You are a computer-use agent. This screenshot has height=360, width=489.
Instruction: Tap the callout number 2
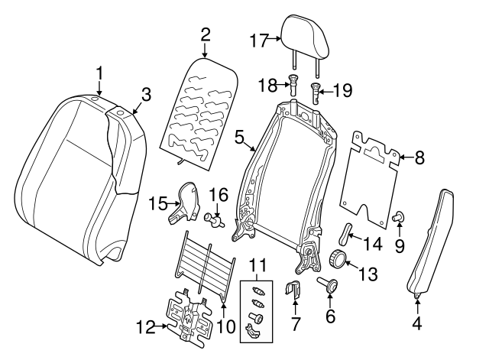(x=205, y=34)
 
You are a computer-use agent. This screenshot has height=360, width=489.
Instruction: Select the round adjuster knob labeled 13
(x=337, y=258)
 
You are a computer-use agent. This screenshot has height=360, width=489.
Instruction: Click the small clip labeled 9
(x=398, y=219)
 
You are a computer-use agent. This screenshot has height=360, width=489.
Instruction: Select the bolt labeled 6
(x=331, y=287)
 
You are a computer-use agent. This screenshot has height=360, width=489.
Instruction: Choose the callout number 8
(x=419, y=160)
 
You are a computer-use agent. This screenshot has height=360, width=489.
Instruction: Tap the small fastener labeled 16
(x=213, y=220)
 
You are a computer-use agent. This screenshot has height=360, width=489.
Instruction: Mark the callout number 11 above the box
(x=261, y=267)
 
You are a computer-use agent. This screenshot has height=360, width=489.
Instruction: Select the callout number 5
(x=239, y=138)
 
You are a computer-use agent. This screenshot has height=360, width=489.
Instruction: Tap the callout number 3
(x=145, y=95)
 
